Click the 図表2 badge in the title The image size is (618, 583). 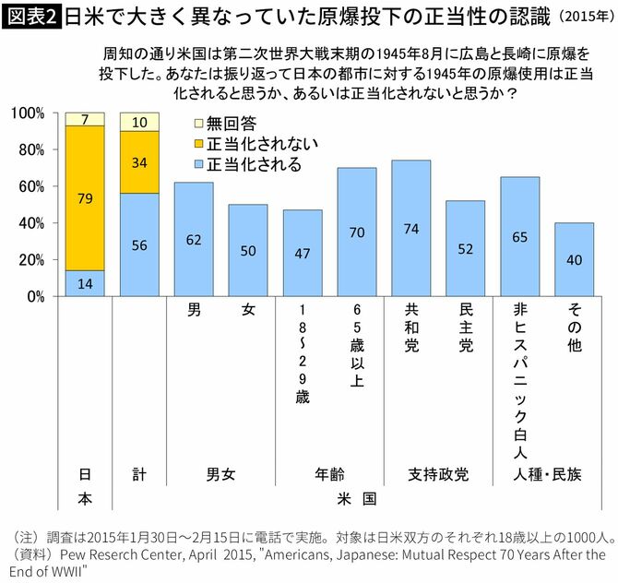click(x=31, y=18)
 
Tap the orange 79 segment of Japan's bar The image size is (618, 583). click(x=85, y=197)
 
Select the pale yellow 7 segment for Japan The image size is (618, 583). click(x=85, y=119)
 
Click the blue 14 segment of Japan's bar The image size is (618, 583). click(x=85, y=283)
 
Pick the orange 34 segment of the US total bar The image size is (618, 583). click(x=139, y=162)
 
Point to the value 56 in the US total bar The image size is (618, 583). click(x=139, y=245)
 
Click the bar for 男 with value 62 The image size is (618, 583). click(x=194, y=239)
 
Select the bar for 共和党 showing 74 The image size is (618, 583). click(x=410, y=228)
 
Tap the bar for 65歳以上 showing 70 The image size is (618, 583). click(x=356, y=232)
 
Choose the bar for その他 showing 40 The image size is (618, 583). click(x=574, y=259)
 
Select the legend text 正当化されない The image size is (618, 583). click(x=262, y=143)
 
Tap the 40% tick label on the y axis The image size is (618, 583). click(x=31, y=223)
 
